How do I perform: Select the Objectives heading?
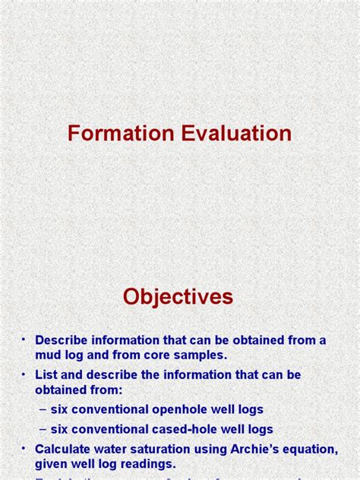click(178, 297)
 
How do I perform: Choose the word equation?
click(311, 449)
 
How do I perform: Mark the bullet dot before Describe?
click(23, 339)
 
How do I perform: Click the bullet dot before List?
click(23, 375)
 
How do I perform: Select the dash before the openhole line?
click(43, 409)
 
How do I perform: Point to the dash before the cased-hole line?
click(43, 429)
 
